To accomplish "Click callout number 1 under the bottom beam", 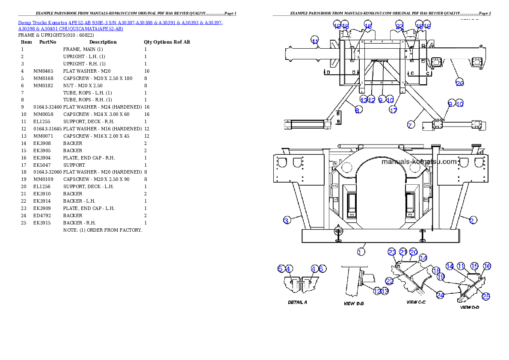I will (361, 251).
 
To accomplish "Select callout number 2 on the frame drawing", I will (472, 220).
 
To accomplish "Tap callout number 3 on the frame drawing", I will (287, 220).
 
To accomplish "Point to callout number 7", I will (410, 125).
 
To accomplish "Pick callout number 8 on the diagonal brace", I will (358, 110).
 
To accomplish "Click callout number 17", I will (393, 110).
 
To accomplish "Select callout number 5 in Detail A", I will (281, 269).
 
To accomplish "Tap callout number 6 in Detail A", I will (323, 269).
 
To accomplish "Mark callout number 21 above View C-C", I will (403, 252).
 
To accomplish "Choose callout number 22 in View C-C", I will (390, 281).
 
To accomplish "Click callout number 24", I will (441, 295).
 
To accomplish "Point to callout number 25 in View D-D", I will (486, 296).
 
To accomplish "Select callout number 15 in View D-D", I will (474, 266).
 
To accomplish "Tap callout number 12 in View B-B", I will (377, 291).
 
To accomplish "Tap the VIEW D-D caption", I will (469, 307).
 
